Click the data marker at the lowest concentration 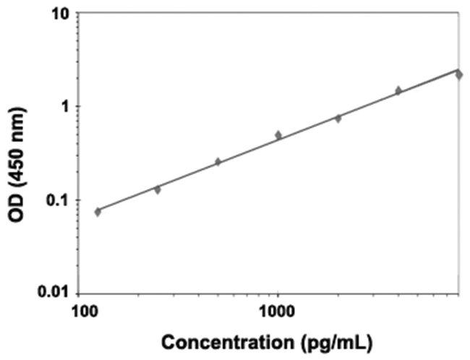98,212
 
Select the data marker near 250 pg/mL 157,189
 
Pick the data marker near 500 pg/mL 218,162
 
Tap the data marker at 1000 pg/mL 278,135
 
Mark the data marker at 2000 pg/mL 338,118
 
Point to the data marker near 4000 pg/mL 398,90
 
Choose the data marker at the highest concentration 458,74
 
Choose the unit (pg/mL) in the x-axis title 329,342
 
